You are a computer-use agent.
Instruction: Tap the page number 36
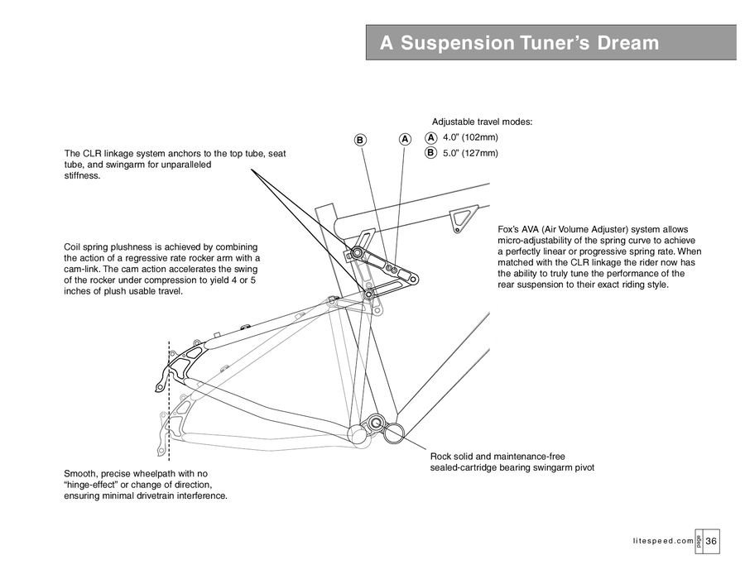[x=712, y=540]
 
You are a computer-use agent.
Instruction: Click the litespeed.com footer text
[x=661, y=541]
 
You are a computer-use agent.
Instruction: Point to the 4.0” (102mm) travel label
[x=469, y=137]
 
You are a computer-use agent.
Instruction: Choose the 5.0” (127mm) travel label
[x=469, y=153]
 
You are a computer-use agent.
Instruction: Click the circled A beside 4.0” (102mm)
[x=430, y=137]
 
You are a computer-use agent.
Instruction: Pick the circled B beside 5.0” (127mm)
[x=430, y=153]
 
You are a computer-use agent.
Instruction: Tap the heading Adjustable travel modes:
[x=483, y=122]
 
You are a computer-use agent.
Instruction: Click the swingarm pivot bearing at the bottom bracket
[x=377, y=423]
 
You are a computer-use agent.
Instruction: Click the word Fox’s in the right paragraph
[x=510, y=229]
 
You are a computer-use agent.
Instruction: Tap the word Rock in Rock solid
[x=442, y=457]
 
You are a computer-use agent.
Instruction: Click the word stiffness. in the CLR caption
[x=82, y=176]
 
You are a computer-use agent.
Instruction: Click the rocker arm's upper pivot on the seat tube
[x=358, y=252]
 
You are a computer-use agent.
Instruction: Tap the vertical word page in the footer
[x=699, y=540]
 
